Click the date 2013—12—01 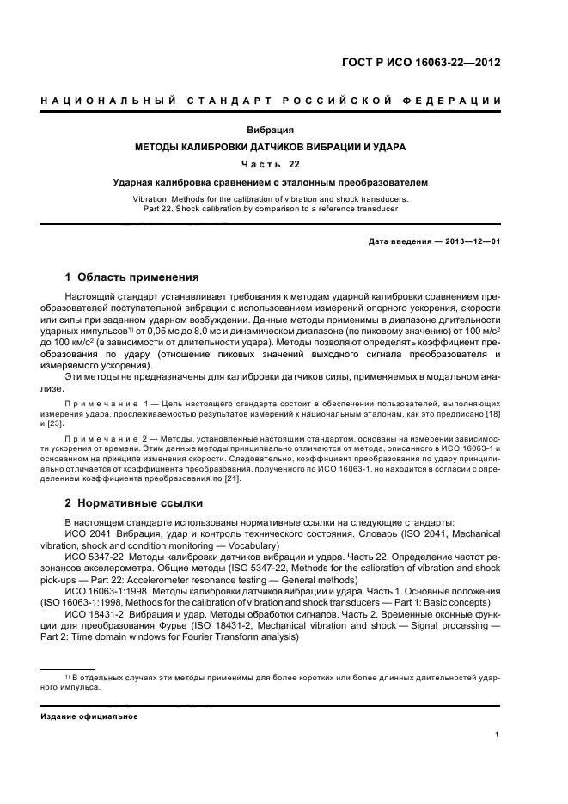pos(471,241)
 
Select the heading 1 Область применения pos(132,277)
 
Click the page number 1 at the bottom pos(498,734)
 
